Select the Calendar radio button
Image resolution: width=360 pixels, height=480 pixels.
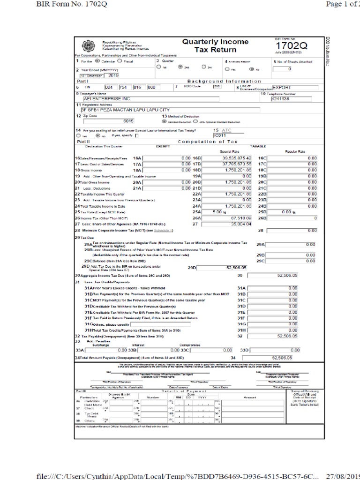97,61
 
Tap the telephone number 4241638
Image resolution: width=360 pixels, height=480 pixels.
281,99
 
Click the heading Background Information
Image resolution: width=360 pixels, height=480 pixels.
224,81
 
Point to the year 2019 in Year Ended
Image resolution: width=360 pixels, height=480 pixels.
114,75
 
